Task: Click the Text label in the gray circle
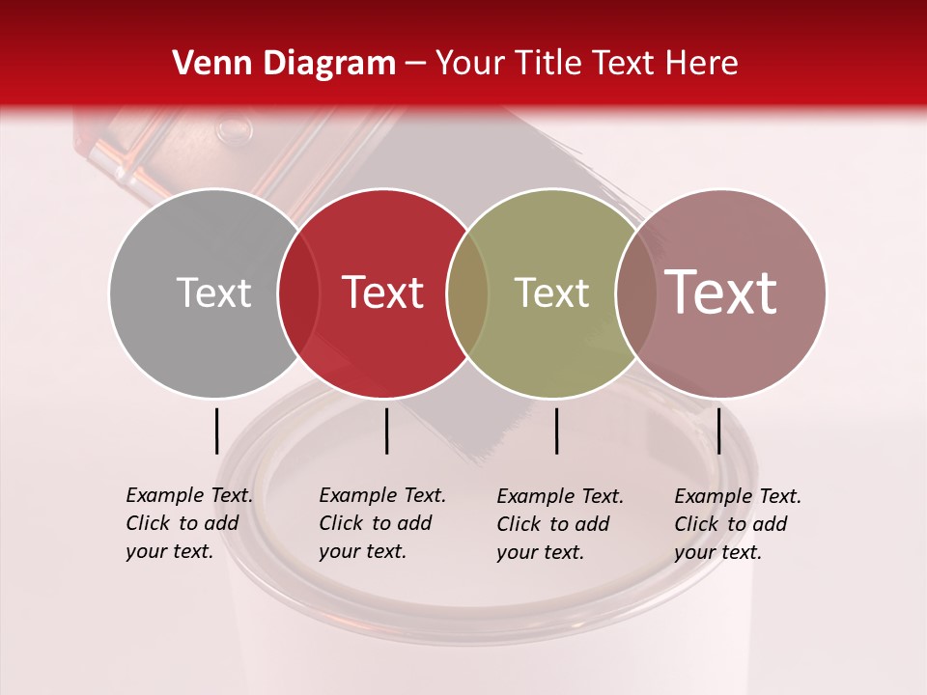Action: coord(213,292)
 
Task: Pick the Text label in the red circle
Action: coord(383,292)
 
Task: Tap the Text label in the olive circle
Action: coord(551,292)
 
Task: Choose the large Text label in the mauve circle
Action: coord(721,292)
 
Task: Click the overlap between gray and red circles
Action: coord(298,292)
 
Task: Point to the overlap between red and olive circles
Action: coord(467,292)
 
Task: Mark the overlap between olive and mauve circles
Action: coord(635,292)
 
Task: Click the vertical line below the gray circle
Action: coord(216,431)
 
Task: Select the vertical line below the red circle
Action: coord(386,431)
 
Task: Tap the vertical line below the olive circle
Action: coord(556,431)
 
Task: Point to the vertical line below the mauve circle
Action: coord(718,431)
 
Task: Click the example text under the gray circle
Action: coord(188,523)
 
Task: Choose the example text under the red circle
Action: coord(381,523)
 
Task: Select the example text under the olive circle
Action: coord(559,524)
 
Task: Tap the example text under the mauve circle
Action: coord(737,524)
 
